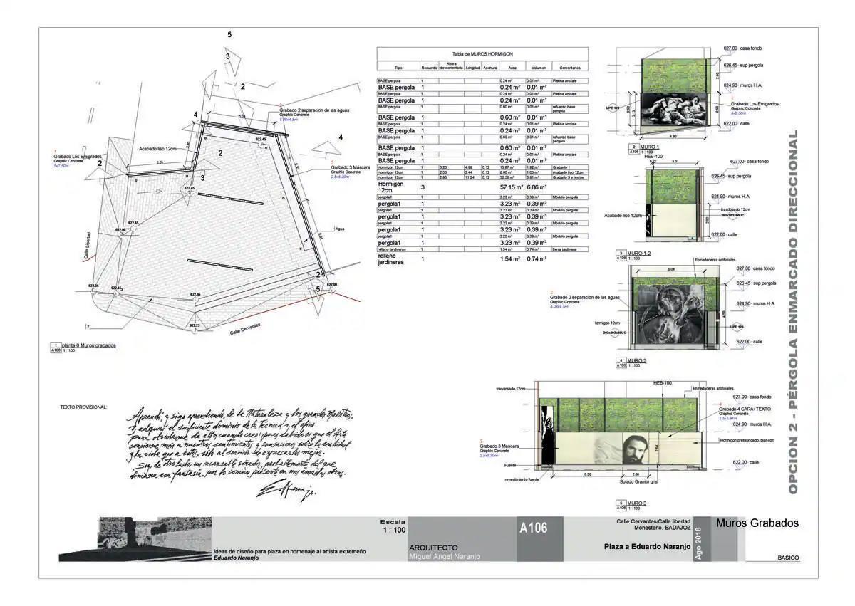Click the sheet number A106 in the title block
533,528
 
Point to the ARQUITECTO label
433,547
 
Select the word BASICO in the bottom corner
788,558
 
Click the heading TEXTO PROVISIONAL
83,407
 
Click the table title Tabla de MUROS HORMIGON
482,54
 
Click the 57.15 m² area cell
511,187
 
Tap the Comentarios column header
570,68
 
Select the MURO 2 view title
637,360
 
